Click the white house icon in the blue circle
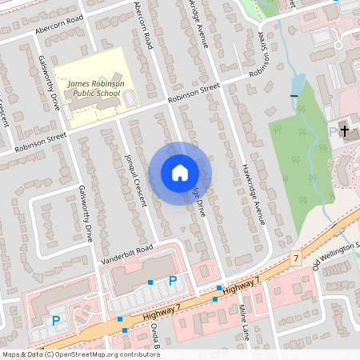179,172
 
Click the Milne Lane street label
244,321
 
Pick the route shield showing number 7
296,258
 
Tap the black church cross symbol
346,130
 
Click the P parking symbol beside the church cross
333,133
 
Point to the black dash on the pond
294,97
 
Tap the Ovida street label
156,336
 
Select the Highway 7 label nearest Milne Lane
242,286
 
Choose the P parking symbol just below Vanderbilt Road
172,280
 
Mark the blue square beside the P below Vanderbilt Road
150,282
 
